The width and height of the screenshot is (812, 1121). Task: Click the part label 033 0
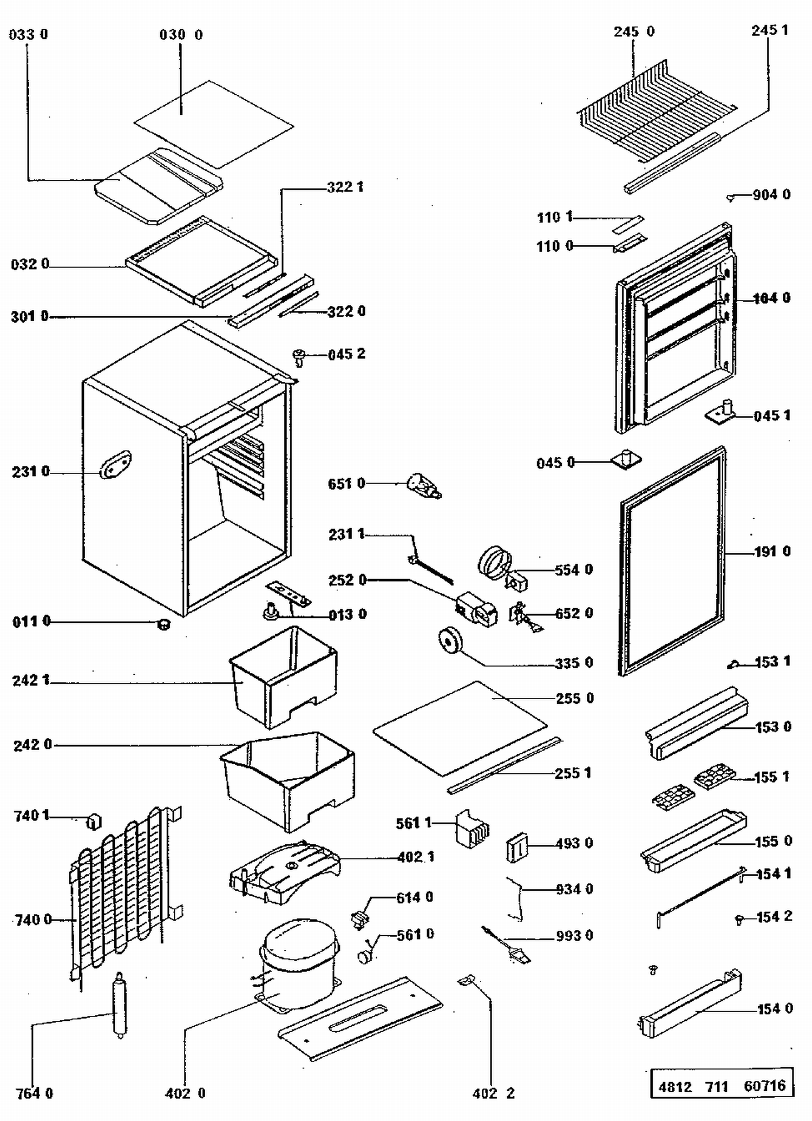[29, 35]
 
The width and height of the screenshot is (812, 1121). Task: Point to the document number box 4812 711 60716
[722, 1085]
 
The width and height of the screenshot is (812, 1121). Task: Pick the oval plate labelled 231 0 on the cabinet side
[115, 465]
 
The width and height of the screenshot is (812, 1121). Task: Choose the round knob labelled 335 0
[450, 641]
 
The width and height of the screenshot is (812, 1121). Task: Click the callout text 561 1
[414, 823]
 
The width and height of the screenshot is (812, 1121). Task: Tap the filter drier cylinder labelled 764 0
[119, 1005]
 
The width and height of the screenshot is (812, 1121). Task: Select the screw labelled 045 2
[299, 356]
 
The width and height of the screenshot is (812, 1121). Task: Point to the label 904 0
[771, 194]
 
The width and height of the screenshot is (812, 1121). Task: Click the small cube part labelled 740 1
[94, 822]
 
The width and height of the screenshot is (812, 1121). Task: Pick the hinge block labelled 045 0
[626, 459]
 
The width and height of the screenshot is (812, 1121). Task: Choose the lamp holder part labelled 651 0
[424, 485]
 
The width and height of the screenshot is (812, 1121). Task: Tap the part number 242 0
[33, 745]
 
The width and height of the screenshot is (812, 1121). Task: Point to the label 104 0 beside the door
[771, 298]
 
